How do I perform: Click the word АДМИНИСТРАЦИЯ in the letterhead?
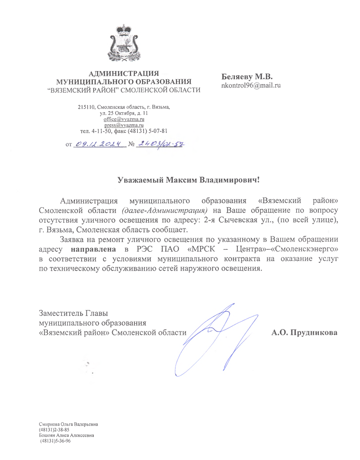[x=124, y=73]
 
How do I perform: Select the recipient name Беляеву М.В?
[x=246, y=77]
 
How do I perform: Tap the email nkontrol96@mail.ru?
[x=250, y=85]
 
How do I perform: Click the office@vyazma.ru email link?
[x=124, y=118]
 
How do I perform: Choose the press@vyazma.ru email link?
[x=124, y=125]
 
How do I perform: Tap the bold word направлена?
[x=94, y=249]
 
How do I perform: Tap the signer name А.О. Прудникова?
[x=304, y=333]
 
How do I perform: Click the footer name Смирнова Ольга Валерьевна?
[x=69, y=424]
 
